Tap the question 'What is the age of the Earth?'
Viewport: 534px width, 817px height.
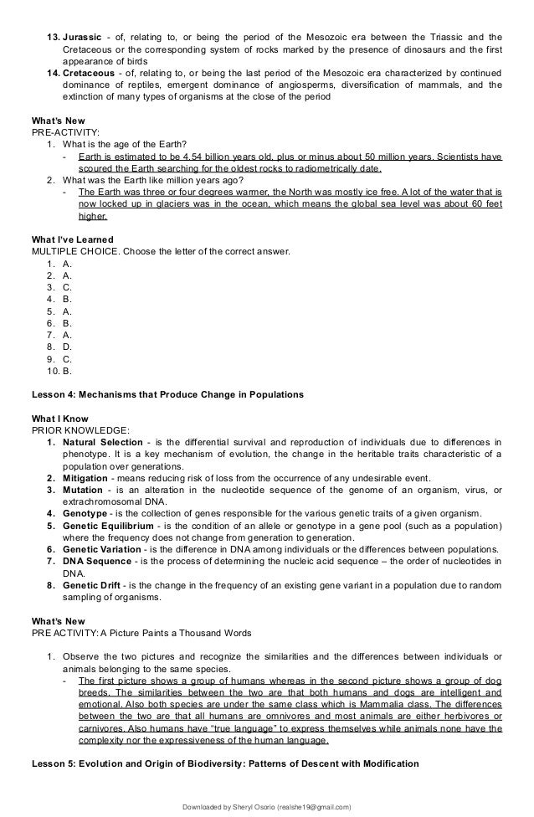tap(122, 143)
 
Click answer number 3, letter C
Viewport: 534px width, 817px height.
tap(67, 285)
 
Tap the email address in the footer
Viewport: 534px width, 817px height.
tap(312, 806)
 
